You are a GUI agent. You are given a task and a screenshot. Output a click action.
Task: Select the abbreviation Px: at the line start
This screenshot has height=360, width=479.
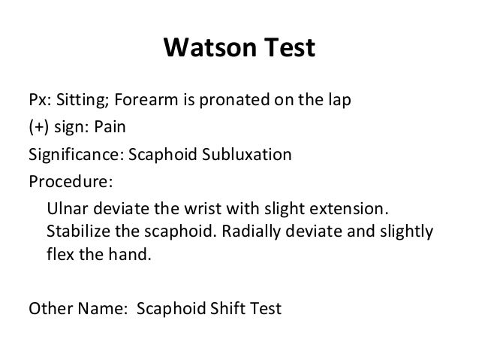pos(39,101)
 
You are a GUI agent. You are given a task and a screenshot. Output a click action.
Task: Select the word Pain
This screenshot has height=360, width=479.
pos(110,129)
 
